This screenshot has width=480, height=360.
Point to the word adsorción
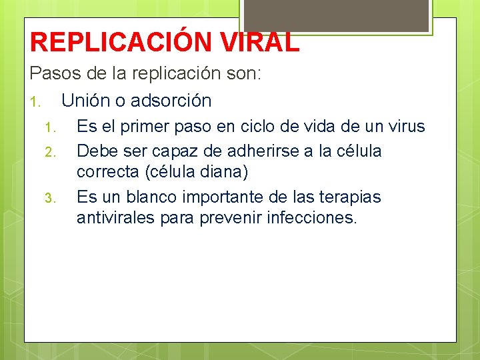pyautogui.click(x=171, y=101)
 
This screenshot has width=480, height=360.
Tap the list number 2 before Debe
pyautogui.click(x=49, y=153)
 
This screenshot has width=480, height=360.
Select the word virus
pyautogui.click(x=404, y=126)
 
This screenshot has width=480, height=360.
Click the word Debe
pyautogui.click(x=97, y=151)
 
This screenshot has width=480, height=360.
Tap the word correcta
pyautogui.click(x=107, y=173)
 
